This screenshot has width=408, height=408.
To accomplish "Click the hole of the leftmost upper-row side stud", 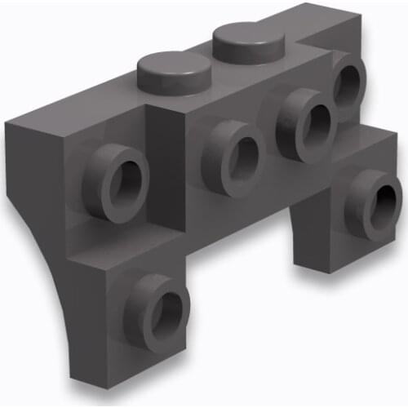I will click(124, 178).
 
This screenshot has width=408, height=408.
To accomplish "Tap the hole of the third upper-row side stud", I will click(314, 119).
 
